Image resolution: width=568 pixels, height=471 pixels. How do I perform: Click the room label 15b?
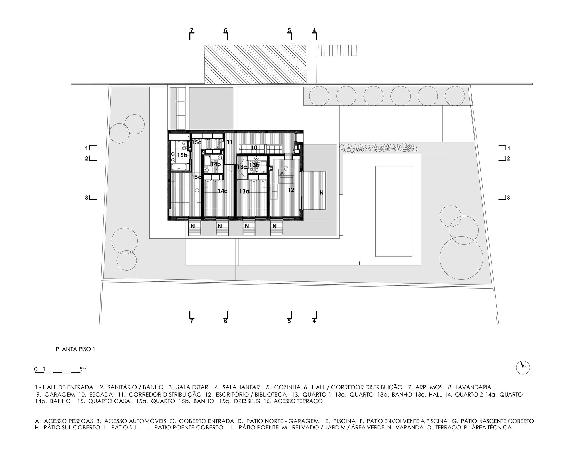coord(182,155)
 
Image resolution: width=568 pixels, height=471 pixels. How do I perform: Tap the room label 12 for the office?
coord(291,190)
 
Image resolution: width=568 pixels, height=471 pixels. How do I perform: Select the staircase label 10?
coord(254,148)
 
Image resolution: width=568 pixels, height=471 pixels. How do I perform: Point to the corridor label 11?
coord(229,142)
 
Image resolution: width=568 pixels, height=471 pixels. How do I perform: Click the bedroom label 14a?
coord(223,191)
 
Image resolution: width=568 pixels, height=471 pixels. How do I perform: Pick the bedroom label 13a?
coord(244,192)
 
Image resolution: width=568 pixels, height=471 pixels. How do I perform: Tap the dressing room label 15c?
coord(197,142)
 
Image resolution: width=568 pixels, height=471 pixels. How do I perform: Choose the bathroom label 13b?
coord(254,165)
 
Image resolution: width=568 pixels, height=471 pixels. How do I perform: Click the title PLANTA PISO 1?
coord(75,349)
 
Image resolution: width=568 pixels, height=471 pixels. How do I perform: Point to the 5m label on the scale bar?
coord(84,369)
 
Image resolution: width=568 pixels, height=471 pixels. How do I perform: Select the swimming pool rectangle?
coord(394,211)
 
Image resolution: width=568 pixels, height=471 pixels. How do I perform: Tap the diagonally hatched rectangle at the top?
coord(255,65)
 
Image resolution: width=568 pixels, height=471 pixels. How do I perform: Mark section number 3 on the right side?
coord(508,198)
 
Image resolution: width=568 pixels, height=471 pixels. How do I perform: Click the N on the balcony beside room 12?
coord(321,193)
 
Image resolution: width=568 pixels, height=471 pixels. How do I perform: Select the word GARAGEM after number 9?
coord(60,395)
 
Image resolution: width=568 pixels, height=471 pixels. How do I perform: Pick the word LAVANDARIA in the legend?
coord(473,387)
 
